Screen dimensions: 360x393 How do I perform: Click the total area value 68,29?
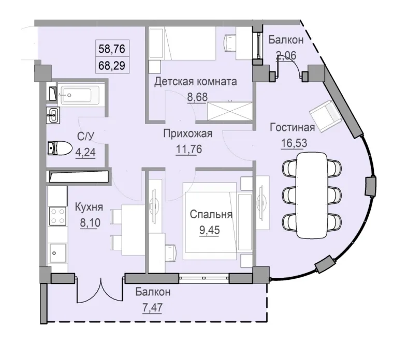[112, 67]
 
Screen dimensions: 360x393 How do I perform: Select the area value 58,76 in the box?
[112, 51]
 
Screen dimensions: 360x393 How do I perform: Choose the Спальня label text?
[210, 214]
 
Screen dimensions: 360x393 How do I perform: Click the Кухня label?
[89, 208]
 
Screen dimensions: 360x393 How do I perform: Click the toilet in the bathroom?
[58, 148]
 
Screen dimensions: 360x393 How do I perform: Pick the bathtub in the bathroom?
[78, 95]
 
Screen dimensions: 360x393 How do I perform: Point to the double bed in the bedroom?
[210, 224]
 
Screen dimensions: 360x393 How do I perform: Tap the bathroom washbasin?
[54, 115]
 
